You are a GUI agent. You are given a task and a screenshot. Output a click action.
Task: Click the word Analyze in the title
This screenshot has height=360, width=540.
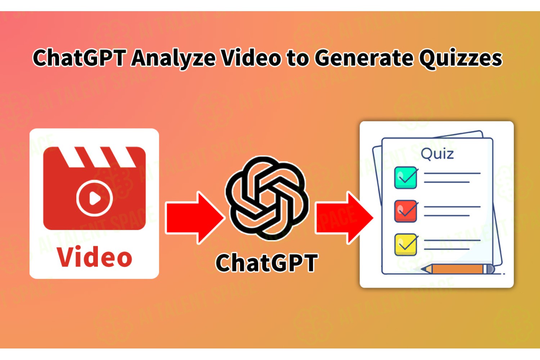tap(173, 58)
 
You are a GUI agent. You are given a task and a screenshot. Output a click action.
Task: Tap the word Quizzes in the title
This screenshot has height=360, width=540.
tap(461, 59)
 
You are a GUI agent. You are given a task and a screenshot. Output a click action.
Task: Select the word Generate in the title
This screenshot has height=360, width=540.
tap(364, 58)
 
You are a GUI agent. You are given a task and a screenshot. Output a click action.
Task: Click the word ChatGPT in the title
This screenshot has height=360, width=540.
tap(79, 58)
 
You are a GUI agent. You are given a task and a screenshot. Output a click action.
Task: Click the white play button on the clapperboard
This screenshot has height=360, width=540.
tap(94, 198)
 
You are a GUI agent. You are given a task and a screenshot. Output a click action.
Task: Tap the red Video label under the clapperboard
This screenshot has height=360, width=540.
tap(94, 257)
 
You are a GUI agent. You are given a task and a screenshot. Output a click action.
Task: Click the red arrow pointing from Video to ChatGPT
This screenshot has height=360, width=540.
tap(195, 218)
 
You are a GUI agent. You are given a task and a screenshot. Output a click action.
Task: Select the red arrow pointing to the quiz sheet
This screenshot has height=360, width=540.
tap(344, 218)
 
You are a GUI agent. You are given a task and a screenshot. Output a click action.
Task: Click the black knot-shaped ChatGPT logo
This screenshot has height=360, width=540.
tap(267, 198)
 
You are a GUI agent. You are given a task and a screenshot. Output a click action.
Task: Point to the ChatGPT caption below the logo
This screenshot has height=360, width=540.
tap(267, 262)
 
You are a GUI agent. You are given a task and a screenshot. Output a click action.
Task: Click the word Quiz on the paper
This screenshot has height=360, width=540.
tap(437, 154)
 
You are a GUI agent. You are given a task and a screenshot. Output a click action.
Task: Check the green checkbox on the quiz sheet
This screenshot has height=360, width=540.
tap(405, 178)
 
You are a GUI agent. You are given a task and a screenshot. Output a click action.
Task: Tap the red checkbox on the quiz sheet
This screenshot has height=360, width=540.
tap(405, 211)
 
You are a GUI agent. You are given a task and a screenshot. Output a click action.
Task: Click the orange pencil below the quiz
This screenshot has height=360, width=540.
tap(458, 269)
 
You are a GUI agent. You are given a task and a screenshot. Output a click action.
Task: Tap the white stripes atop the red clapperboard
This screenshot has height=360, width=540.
tap(97, 157)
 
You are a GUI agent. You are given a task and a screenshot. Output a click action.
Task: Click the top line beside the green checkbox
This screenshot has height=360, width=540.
tap(452, 174)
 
